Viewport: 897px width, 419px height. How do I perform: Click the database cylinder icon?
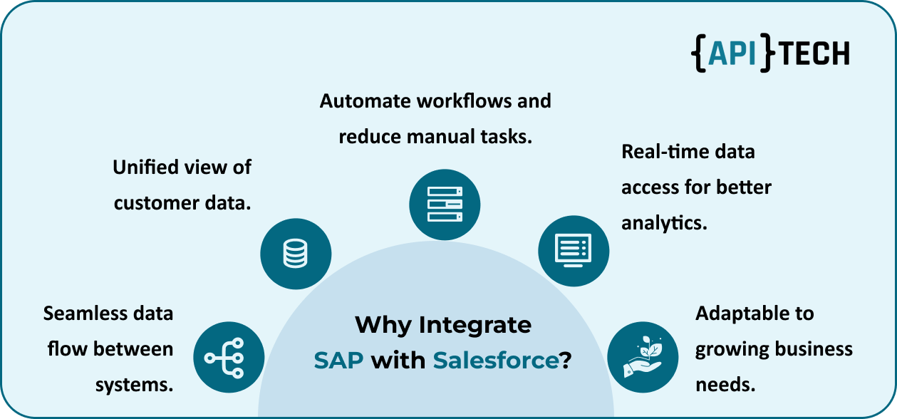click(x=295, y=253)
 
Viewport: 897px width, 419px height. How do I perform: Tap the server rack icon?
click(x=445, y=205)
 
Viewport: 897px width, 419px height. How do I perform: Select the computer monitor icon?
click(x=574, y=250)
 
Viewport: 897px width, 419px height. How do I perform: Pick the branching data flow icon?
click(x=224, y=358)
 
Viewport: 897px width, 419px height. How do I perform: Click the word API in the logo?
click(x=732, y=53)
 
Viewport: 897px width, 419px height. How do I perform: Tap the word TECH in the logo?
click(x=814, y=53)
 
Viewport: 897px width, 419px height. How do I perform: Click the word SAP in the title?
click(x=338, y=360)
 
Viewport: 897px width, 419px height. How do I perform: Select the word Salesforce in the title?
click(x=496, y=360)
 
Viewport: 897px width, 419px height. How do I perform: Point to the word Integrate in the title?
click(x=475, y=325)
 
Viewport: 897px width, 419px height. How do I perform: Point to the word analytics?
click(x=664, y=223)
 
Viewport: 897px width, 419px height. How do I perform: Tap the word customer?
click(x=156, y=203)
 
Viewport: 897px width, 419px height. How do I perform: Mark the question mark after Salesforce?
click(x=566, y=360)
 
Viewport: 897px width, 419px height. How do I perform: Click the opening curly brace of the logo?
click(x=698, y=53)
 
